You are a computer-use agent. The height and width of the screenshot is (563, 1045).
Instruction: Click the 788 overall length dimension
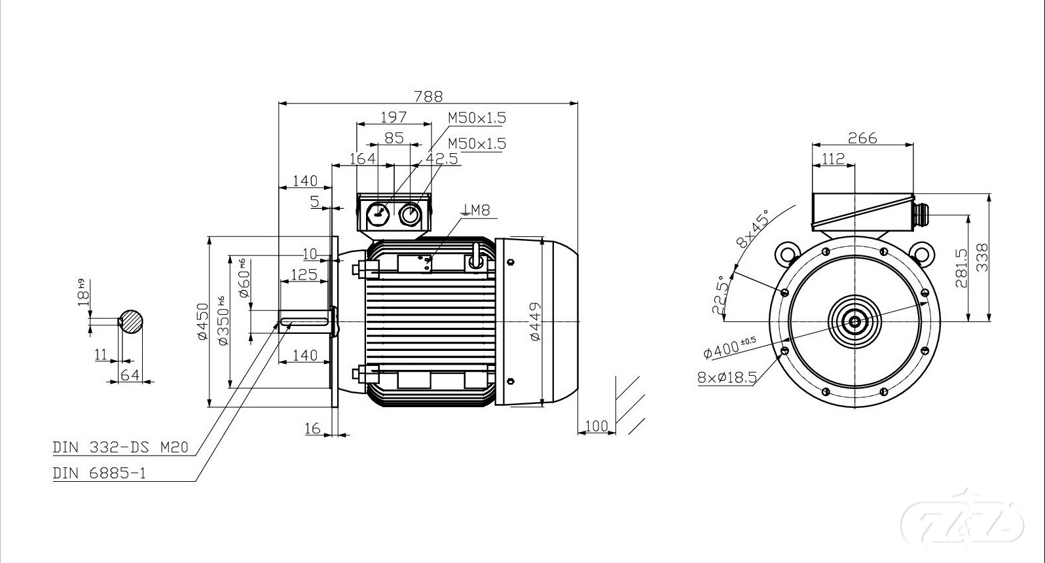coord(428,96)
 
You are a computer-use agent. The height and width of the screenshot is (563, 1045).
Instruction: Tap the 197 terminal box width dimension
coord(394,117)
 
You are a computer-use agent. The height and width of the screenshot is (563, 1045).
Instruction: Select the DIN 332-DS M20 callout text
coord(120,447)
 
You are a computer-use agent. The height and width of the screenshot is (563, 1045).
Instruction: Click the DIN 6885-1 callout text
coord(100,473)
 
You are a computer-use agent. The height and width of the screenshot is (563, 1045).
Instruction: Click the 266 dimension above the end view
coord(862,138)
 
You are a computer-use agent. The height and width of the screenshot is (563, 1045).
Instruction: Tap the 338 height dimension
coord(983,257)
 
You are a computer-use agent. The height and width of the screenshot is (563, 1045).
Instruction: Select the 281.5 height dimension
coord(961,268)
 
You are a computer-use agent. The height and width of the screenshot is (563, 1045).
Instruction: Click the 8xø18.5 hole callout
coord(727,377)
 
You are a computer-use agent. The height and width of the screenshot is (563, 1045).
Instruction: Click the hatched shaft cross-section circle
coord(131,321)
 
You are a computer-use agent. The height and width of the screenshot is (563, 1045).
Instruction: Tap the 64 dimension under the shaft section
coord(130,374)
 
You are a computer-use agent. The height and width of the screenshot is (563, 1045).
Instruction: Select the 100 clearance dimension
coord(596,426)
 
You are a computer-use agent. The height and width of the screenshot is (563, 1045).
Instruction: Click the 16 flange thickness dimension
coord(312,428)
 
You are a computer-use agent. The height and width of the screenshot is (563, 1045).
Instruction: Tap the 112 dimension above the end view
coord(834,159)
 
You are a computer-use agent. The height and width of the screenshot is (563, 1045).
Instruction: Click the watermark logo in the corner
coord(962,523)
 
